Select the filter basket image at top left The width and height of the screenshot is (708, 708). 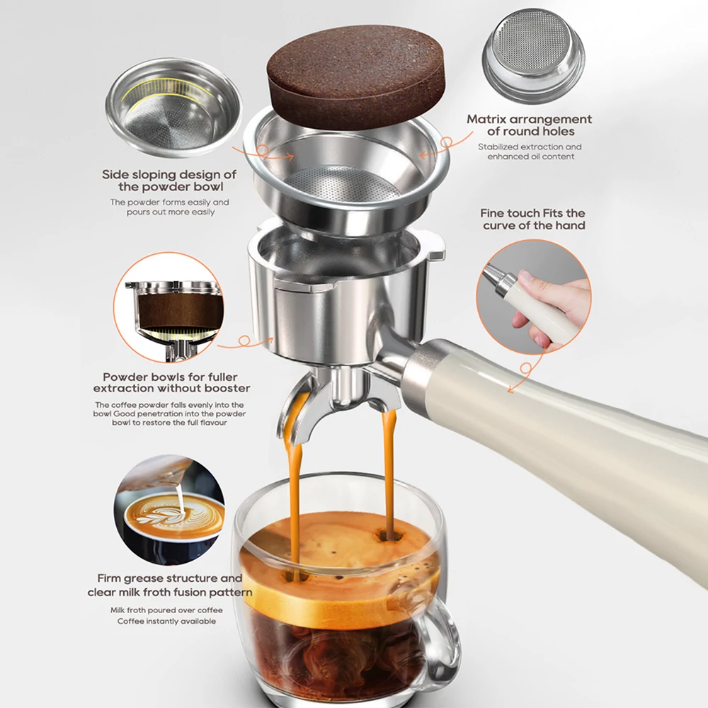174,108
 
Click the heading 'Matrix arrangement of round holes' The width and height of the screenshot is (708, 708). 529,125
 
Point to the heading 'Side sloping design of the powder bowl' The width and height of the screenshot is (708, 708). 169,180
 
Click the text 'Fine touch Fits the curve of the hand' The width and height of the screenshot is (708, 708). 533,219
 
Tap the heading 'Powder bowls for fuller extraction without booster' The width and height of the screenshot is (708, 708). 171,382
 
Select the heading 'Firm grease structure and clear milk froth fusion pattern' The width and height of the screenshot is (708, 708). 170,586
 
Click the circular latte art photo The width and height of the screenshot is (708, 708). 169,510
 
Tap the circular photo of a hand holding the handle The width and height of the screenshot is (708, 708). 534,296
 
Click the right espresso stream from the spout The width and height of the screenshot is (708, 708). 388,474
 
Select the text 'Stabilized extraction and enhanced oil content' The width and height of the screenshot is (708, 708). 530,152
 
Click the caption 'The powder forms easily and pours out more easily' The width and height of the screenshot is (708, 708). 170,207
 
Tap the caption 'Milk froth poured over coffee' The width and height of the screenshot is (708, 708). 166,610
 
